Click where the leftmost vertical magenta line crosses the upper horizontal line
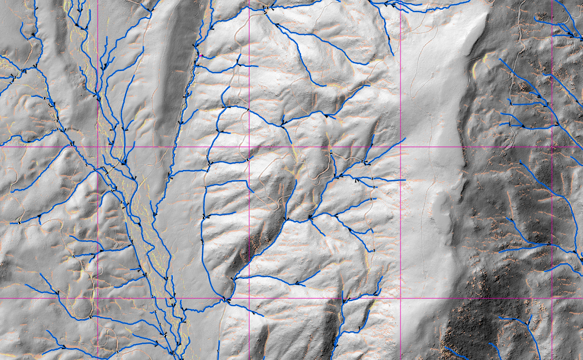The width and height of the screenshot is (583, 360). (97, 147)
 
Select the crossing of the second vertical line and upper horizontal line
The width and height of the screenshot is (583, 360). (249, 147)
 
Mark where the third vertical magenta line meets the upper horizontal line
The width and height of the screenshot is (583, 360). (400, 147)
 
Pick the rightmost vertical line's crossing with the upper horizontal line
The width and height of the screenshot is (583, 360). (552, 147)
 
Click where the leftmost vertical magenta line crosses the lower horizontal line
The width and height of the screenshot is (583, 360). (97, 298)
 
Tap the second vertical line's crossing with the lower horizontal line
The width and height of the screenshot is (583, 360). (249, 298)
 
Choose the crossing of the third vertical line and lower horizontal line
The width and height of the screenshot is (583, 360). (400, 298)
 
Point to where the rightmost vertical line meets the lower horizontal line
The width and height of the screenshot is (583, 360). (552, 298)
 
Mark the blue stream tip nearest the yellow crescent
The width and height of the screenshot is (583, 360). (500, 59)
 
